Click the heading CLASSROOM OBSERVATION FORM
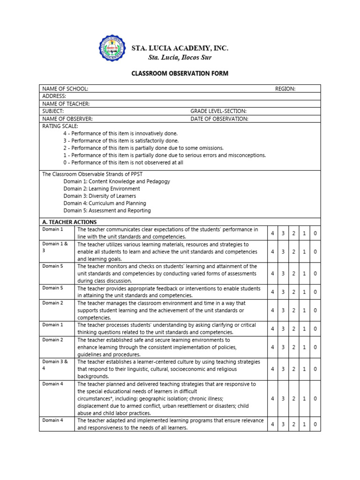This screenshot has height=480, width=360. tap(180, 74)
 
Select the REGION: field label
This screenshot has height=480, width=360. tap(285, 89)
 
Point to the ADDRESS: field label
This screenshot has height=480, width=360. tap(54, 96)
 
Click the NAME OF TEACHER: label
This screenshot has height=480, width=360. tap(66, 104)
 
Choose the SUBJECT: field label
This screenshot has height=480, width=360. tap(53, 111)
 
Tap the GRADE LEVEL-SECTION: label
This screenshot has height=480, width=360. tap(218, 111)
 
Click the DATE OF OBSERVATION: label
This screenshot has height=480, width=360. tap(219, 119)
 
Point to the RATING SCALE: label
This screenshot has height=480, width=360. tap(60, 126)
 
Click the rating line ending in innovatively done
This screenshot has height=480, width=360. tap(120, 133)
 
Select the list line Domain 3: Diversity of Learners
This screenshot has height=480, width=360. tap(100, 196)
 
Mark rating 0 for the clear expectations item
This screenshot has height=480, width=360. tap(315, 233)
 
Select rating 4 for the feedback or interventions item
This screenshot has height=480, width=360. tap(272, 292)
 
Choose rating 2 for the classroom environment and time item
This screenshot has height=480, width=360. tap(293, 310)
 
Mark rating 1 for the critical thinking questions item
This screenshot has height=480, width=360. tap(304, 329)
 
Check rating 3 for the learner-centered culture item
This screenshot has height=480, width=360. tap(283, 369)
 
